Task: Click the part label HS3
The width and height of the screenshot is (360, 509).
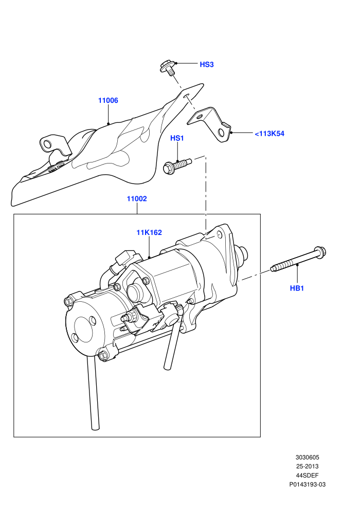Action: click(x=206, y=65)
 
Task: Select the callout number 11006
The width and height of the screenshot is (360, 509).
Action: click(x=108, y=101)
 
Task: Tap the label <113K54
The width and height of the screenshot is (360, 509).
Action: click(x=269, y=134)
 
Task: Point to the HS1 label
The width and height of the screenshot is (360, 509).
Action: click(x=177, y=138)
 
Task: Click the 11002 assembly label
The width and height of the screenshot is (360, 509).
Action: click(x=137, y=198)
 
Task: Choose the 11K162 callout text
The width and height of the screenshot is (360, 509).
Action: click(x=149, y=232)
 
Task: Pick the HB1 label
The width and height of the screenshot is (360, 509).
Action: click(x=297, y=288)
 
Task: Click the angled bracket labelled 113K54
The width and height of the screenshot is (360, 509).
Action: click(x=210, y=124)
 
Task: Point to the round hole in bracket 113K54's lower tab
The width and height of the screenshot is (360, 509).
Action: click(x=221, y=133)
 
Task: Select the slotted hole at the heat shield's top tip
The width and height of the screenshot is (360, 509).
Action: click(x=185, y=97)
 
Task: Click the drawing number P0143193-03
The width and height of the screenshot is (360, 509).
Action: click(x=308, y=485)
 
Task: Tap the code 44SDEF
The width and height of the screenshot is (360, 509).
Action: click(x=308, y=476)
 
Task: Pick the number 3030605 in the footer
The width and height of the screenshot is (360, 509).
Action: click(x=308, y=458)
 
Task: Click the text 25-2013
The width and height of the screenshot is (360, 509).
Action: click(x=308, y=466)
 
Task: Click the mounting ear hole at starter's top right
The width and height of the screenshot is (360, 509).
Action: click(x=219, y=234)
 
